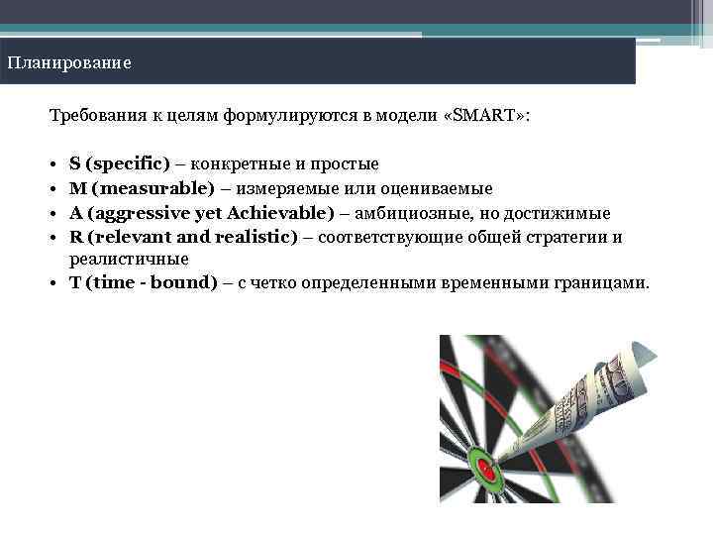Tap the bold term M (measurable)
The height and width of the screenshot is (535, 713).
click(x=142, y=188)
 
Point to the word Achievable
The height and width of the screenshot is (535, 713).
click(x=280, y=213)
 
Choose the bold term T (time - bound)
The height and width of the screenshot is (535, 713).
click(x=144, y=282)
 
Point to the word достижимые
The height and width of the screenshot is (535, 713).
click(x=560, y=213)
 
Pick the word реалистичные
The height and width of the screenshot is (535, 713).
click(x=129, y=259)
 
